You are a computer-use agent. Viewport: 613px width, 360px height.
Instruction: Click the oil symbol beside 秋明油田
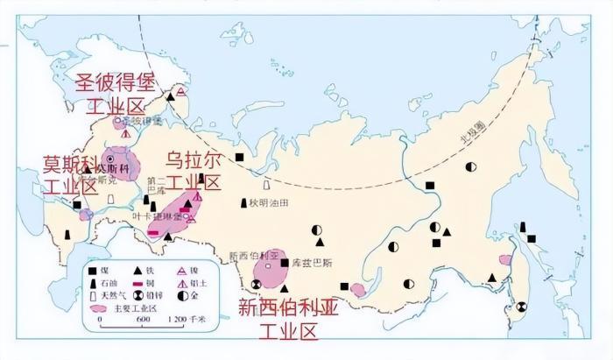[244, 203]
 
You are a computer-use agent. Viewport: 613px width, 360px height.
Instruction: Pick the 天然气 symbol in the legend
[93, 296]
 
